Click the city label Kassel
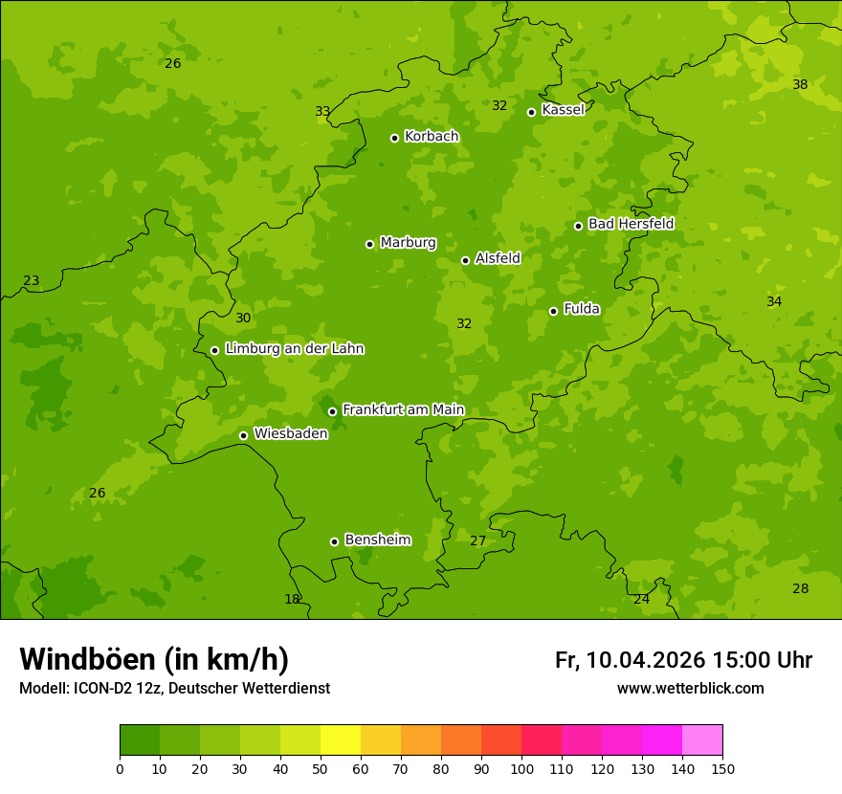coord(563,110)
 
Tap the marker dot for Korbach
coord(394,138)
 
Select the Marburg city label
coord(408,243)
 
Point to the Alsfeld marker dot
coord(465,260)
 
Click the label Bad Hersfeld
coord(631,224)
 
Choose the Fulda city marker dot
coord(553,311)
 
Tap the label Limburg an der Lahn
coord(294,349)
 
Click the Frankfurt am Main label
coord(403,410)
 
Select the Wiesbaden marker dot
coord(243,435)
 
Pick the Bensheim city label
coord(377,540)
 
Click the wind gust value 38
coord(800,84)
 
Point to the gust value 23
coord(32,281)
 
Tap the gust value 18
coord(292,600)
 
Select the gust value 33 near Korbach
coord(322,112)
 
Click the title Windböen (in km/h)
coord(154,659)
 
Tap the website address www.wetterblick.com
coord(690,689)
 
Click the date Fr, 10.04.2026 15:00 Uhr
coord(683,660)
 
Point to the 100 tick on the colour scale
coord(521,769)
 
